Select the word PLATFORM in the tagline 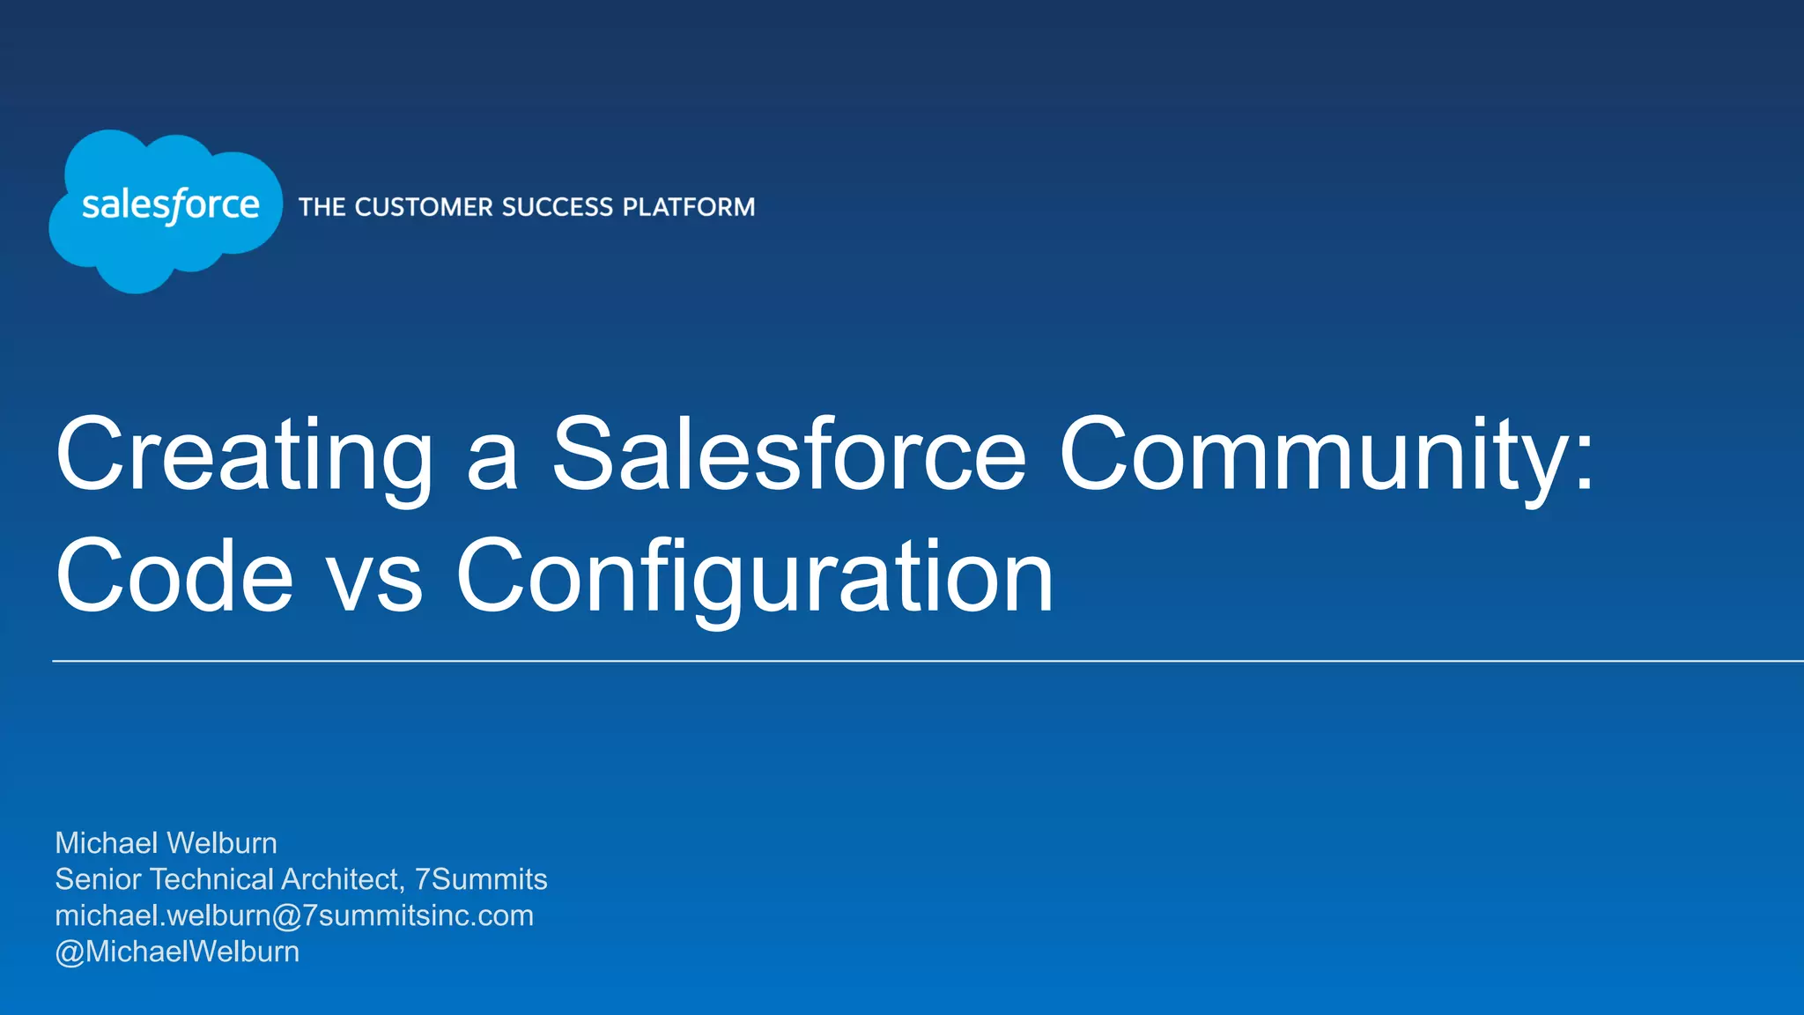689,207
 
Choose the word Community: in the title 1326,456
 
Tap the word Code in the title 174,576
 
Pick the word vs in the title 374,582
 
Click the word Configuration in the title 754,578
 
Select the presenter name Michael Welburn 166,843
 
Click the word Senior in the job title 99,879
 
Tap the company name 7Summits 481,879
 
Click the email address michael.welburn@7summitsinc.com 294,915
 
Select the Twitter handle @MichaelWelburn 177,952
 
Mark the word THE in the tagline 322,207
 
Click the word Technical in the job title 211,879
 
